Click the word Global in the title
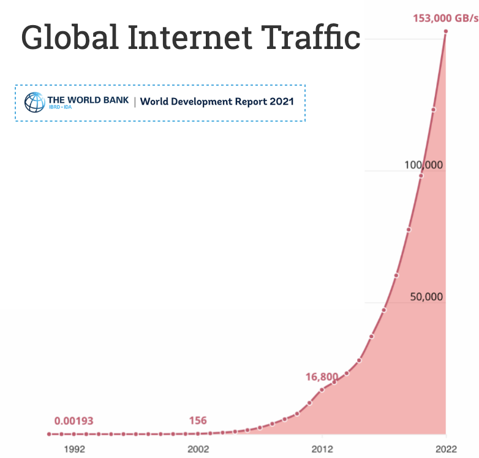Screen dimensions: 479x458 (x=70, y=37)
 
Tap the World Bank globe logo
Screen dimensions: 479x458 (x=35, y=102)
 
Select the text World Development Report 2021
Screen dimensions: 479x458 (x=217, y=102)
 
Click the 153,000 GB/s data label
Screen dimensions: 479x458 (x=446, y=18)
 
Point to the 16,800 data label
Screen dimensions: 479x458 (x=322, y=377)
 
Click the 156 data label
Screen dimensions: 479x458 (x=198, y=421)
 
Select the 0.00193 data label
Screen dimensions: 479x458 (x=74, y=421)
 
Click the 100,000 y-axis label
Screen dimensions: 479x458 (x=423, y=165)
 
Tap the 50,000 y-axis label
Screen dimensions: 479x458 (x=426, y=297)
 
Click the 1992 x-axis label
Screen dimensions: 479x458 (x=75, y=449)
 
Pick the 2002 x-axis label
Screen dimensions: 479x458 (x=198, y=449)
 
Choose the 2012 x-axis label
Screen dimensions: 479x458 (x=322, y=449)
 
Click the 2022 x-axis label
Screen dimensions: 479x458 (x=446, y=449)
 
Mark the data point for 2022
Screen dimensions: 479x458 (x=446, y=31)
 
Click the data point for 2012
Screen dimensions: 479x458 (x=322, y=390)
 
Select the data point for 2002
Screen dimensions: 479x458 (x=198, y=434)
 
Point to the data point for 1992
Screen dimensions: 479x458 (x=74, y=434)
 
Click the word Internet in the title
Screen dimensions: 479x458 (x=190, y=37)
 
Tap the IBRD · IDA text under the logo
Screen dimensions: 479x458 (x=61, y=107)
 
